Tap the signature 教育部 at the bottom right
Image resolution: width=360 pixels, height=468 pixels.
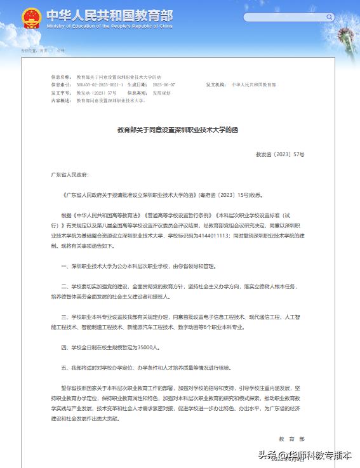pos(291,438)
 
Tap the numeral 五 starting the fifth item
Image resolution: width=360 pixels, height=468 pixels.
pos(63,367)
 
